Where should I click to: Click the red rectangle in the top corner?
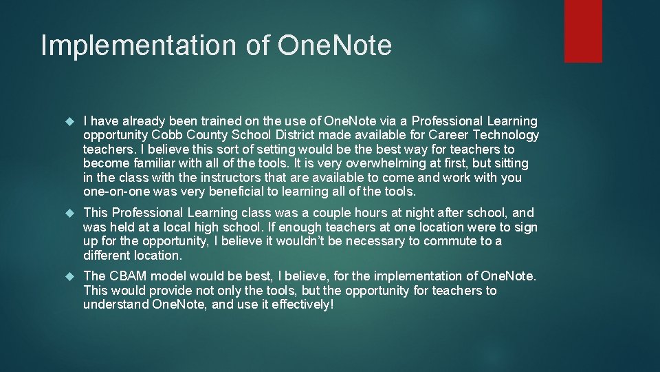(583, 31)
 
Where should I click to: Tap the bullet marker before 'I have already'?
(68, 121)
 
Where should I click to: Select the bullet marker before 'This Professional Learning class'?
(68, 213)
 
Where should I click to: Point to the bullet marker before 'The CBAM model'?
(68, 276)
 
